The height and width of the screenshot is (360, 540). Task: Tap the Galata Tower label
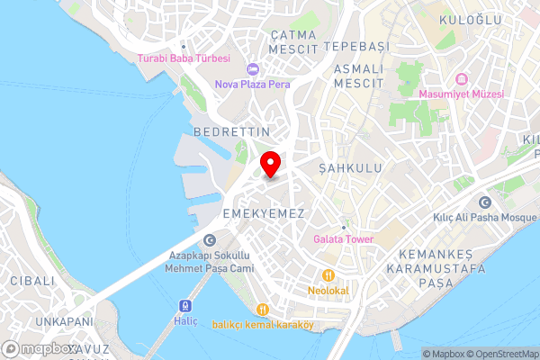[x=343, y=239]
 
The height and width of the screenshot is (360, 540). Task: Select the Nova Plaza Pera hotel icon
[x=252, y=69]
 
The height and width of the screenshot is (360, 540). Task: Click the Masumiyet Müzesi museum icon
[x=461, y=77]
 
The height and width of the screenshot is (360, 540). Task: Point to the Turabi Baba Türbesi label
[x=184, y=58]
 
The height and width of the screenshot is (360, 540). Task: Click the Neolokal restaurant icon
[x=328, y=274]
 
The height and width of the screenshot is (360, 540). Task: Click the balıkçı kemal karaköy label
[x=262, y=325]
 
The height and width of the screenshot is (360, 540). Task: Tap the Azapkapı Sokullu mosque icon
[x=210, y=239]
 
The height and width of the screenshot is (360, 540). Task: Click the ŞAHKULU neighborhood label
[x=351, y=168]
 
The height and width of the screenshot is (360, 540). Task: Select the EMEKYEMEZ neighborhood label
[x=263, y=213]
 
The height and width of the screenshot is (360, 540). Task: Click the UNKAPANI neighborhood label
[x=65, y=321]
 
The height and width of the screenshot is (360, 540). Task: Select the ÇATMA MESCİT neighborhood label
[x=294, y=40]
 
